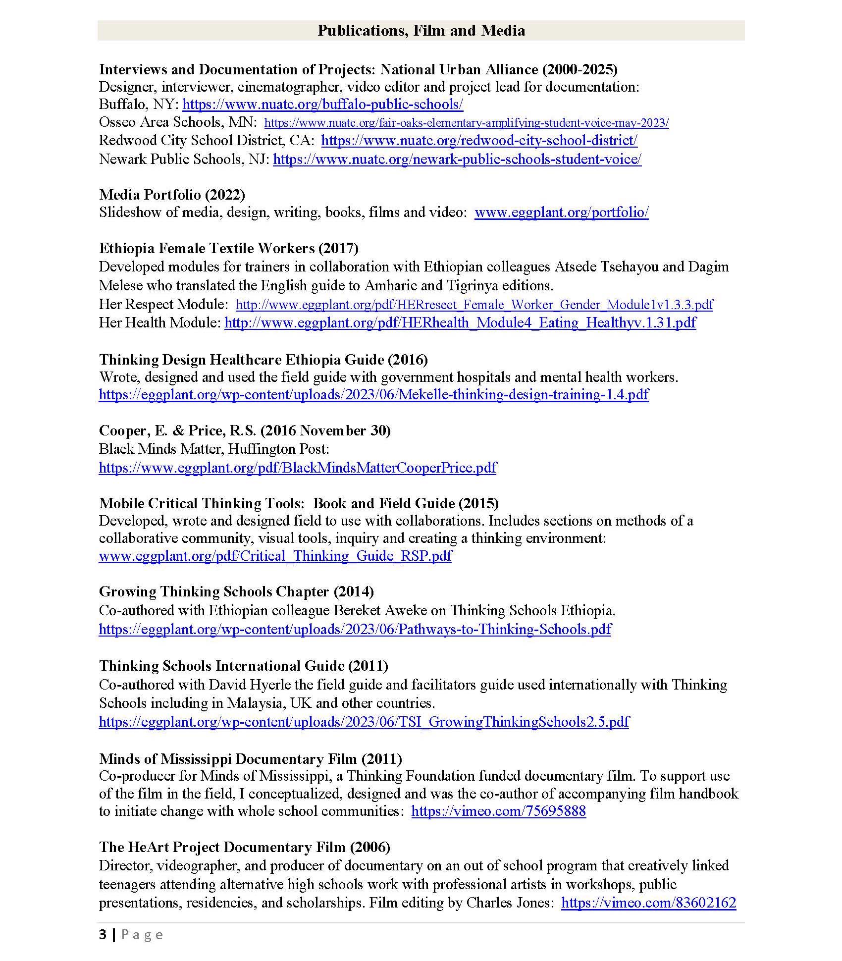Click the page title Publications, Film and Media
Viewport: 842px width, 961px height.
click(421, 31)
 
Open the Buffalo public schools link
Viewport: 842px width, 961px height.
click(322, 105)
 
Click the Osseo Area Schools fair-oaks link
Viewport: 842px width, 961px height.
click(466, 123)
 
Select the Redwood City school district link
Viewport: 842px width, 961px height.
click(479, 141)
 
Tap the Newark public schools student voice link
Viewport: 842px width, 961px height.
click(457, 159)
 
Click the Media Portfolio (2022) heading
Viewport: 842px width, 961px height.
click(172, 195)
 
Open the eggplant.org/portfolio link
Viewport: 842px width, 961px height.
click(561, 213)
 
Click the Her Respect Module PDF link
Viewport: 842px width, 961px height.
click(474, 304)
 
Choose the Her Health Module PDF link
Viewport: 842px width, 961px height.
click(460, 322)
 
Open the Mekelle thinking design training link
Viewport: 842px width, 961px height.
click(373, 394)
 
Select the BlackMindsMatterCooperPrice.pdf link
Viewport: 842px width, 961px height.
click(297, 468)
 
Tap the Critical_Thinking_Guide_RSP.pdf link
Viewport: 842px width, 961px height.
click(275, 556)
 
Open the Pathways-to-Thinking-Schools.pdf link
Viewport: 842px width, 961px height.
click(355, 629)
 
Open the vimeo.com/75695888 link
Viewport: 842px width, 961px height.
click(498, 811)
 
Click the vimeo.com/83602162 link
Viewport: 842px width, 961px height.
click(648, 903)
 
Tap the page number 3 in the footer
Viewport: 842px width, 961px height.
click(103, 935)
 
